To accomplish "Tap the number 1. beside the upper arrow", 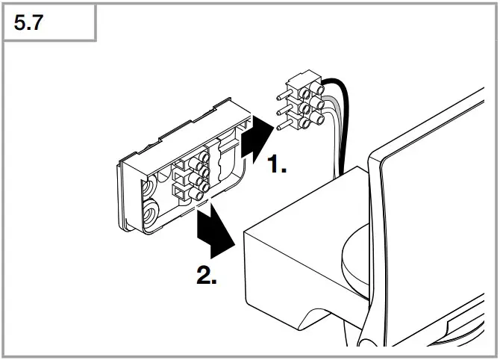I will tap(277, 166).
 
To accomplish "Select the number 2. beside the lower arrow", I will tap(207, 276).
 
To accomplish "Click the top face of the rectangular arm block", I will tap(313, 224).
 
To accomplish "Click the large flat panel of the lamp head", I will tap(440, 187).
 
